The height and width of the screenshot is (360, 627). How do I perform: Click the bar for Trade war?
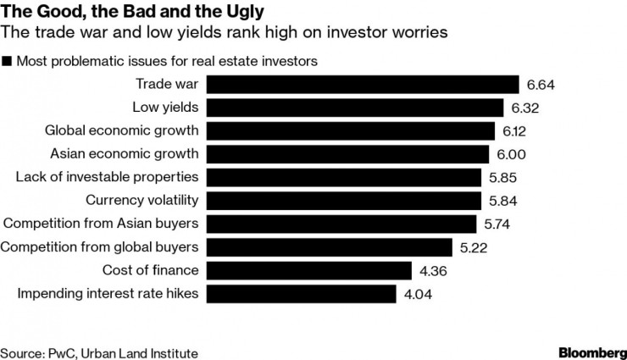click(363, 85)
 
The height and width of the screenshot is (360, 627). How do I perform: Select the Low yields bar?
click(356, 108)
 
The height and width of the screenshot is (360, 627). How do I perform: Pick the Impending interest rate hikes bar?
click(302, 294)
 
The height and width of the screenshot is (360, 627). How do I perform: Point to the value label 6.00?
click(510, 154)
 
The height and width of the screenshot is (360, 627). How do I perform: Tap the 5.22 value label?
click(474, 247)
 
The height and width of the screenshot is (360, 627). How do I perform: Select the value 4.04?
click(418, 294)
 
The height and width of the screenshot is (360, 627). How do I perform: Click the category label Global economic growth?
click(121, 130)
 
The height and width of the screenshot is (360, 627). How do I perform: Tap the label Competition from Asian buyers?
click(102, 224)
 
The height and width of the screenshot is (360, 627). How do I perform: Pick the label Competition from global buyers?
click(100, 247)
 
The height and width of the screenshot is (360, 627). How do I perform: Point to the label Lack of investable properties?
click(108, 177)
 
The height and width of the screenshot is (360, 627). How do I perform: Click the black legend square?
click(8, 61)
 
